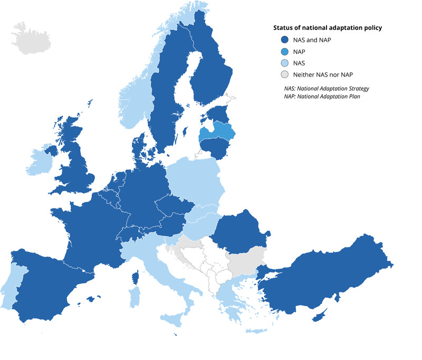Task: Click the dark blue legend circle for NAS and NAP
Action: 284,40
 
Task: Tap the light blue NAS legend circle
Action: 284,63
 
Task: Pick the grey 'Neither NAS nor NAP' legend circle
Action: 284,74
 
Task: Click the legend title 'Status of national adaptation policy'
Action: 328,27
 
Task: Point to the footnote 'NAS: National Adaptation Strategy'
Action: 324,89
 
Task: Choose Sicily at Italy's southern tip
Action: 174,318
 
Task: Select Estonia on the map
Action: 217,114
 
